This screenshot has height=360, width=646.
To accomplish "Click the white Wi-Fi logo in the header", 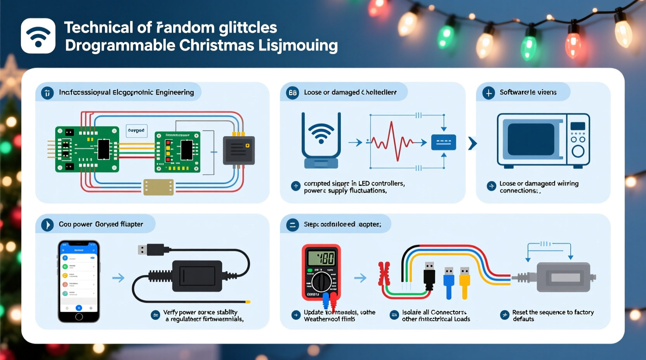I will click(x=38, y=36).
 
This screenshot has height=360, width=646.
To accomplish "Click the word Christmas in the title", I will click(x=216, y=45).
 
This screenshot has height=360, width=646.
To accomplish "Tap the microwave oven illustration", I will click(x=543, y=140).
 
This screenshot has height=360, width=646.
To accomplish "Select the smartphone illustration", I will click(x=79, y=281).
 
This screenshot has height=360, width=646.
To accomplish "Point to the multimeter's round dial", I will click(x=321, y=282).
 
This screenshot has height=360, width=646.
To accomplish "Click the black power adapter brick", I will click(x=197, y=276).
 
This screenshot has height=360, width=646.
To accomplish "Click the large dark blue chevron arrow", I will click(x=472, y=143).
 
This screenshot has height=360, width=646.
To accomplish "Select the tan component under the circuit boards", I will click(x=158, y=187).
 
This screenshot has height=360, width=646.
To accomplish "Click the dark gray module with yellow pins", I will click(x=239, y=150).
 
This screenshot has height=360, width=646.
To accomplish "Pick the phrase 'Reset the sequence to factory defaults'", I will click(x=553, y=315).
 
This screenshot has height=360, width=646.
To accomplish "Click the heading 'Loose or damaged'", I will click(x=332, y=92).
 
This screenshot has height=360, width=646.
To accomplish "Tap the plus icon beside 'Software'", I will click(x=488, y=93).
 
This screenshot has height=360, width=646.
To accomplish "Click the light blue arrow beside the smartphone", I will click(x=118, y=278).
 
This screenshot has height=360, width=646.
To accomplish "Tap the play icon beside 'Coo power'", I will click(x=47, y=225).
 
